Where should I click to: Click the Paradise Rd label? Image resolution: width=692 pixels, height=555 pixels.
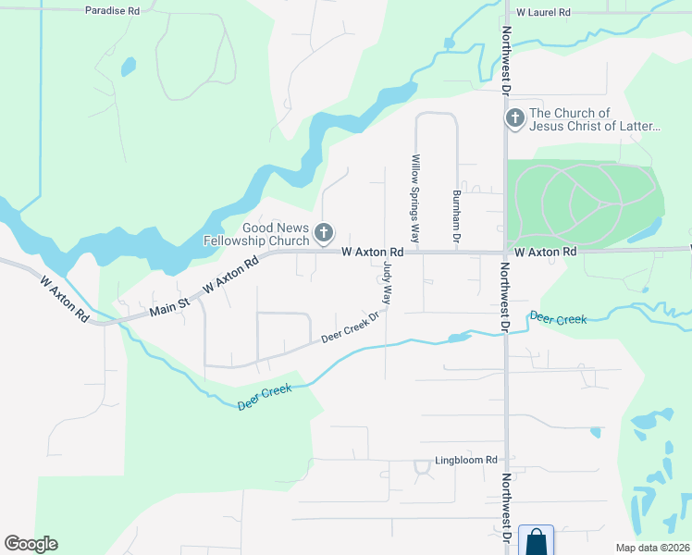tap(111, 10)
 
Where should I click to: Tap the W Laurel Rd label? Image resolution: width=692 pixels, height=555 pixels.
tap(544, 13)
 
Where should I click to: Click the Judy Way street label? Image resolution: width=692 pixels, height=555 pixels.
tap(387, 283)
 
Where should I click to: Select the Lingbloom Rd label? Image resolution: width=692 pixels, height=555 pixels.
tap(466, 460)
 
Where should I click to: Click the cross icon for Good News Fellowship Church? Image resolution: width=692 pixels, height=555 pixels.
tap(323, 233)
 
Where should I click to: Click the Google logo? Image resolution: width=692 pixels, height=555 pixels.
tap(31, 544)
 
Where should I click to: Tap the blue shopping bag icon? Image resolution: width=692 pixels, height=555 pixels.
tap(537, 541)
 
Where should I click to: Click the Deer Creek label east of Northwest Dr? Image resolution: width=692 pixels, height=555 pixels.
tap(558, 319)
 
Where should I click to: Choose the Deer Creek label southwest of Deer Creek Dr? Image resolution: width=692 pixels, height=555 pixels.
tap(265, 397)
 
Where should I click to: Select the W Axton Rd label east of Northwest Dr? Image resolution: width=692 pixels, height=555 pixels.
tap(545, 252)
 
